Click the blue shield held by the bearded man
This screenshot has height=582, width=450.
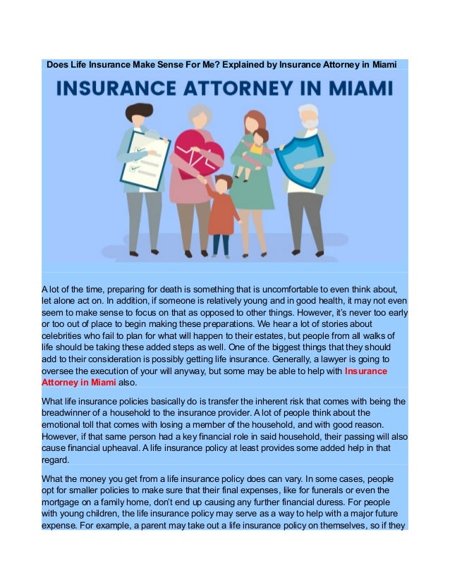tap(303, 159)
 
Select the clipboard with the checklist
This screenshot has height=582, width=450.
tap(145, 159)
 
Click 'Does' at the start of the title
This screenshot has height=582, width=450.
tap(59, 65)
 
